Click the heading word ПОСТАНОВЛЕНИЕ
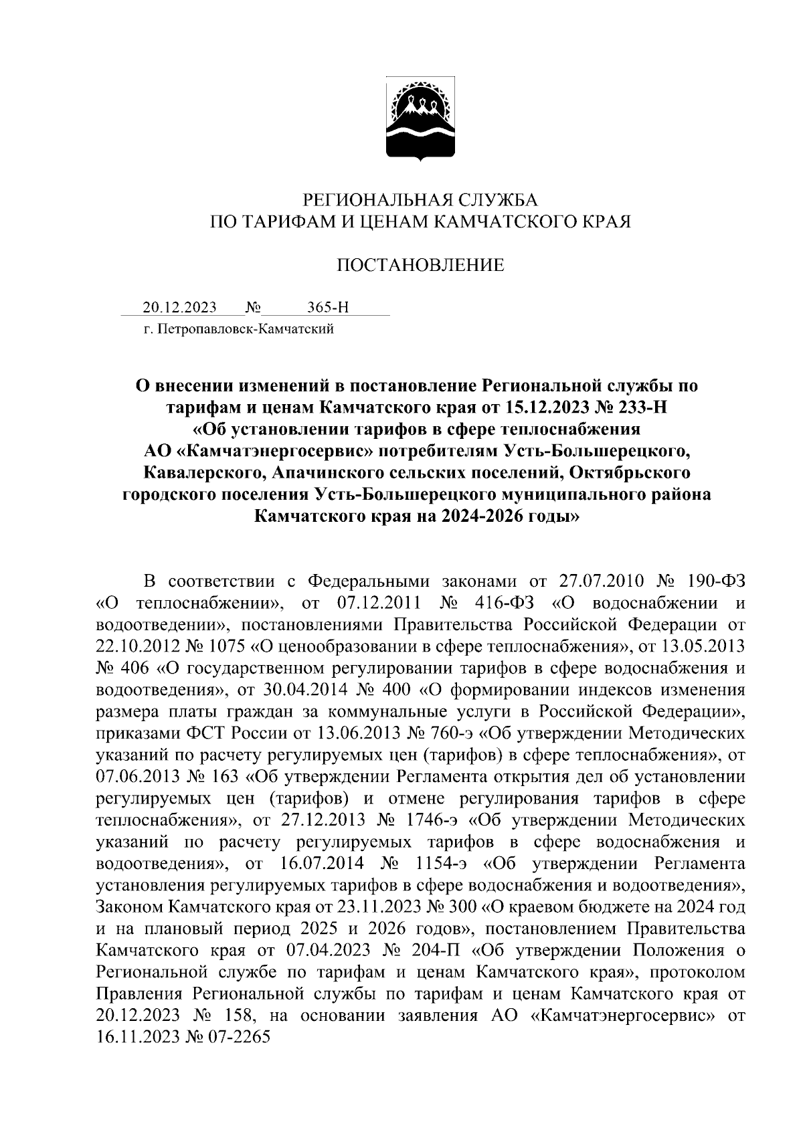tap(420, 266)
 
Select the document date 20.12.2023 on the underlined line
tap(179, 308)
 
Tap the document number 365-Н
tap(328, 308)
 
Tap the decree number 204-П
tap(434, 951)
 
